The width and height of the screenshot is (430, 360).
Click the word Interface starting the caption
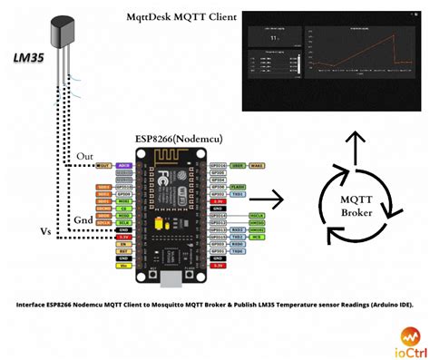34,305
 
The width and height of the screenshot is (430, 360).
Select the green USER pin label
237,166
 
